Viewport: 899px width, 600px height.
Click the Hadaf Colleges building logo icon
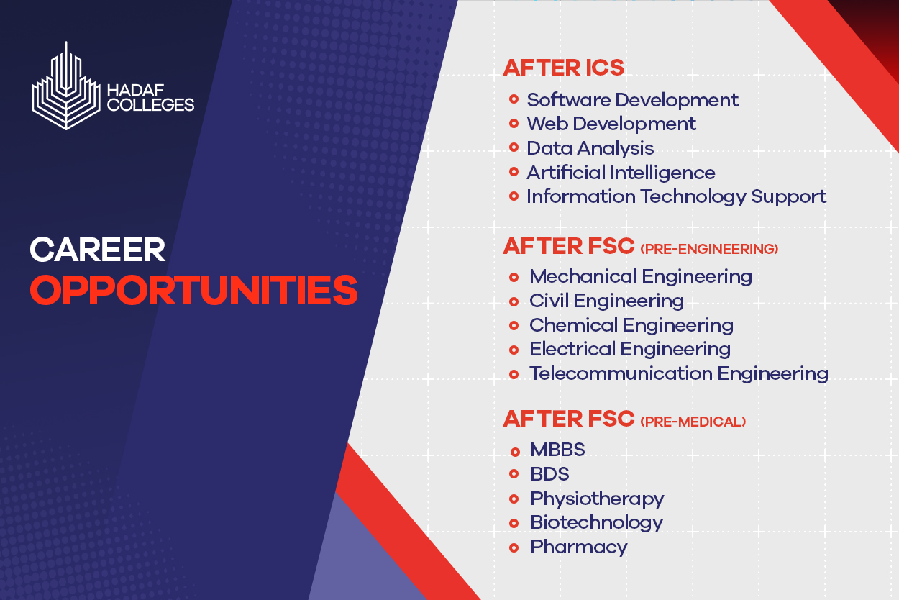pos(66,86)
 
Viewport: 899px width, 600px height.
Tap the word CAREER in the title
pos(98,250)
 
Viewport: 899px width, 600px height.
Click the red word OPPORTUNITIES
pos(194,290)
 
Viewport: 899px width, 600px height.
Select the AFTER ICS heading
pos(563,68)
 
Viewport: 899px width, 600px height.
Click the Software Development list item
pos(632,100)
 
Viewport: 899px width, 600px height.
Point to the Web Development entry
pos(611,124)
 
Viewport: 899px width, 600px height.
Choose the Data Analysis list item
pos(590,148)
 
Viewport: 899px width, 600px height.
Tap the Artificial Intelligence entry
pos(621,173)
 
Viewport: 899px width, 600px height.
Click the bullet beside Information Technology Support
pos(514,196)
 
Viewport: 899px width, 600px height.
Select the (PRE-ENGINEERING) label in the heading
pos(709,249)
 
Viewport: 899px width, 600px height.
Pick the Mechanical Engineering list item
pos(641,276)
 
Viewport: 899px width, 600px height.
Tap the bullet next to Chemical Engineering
pos(514,325)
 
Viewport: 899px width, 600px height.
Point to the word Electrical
pos(572,349)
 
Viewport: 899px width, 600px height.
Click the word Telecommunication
pos(621,373)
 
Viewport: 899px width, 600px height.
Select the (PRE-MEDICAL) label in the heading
pos(693,422)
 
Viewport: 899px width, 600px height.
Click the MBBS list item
pos(557,450)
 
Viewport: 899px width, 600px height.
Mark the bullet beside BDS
pos(514,474)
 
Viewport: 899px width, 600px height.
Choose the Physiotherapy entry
pos(597,499)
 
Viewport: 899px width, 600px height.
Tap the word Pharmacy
pos(579,547)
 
